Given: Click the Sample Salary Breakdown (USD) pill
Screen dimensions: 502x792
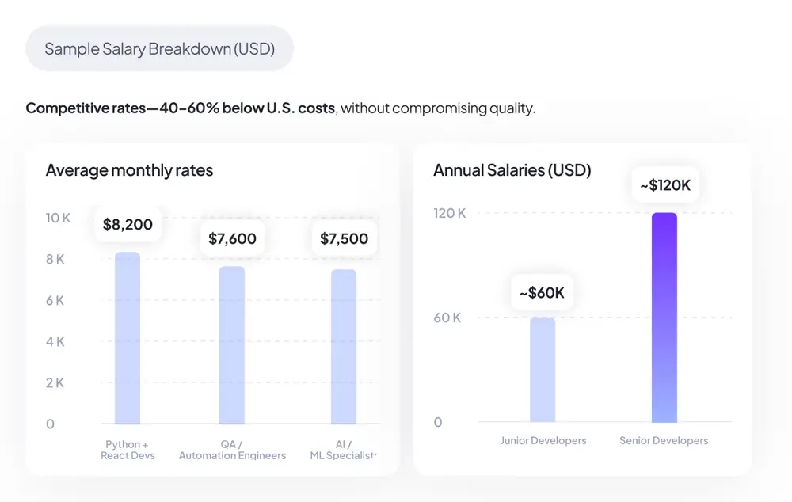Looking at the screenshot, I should coord(159,49).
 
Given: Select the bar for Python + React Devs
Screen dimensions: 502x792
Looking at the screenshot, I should coord(128,338).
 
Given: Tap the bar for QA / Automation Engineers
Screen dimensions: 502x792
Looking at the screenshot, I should coord(232,345).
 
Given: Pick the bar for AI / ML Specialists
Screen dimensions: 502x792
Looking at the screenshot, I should coord(344,347).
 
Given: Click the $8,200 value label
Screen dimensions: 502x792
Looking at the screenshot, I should coord(128,225).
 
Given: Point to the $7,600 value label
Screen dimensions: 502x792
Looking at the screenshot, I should coord(232,238).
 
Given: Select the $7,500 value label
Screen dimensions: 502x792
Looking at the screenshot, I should coord(344,238).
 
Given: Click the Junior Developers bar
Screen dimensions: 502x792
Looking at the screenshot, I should coord(543,370).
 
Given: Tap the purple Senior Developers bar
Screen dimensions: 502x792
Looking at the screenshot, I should coord(664,318).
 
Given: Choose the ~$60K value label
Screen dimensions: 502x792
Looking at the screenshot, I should coord(542,293).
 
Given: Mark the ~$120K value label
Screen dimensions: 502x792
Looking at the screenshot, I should coord(665,185).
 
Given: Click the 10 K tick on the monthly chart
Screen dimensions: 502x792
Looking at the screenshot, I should coord(58,218).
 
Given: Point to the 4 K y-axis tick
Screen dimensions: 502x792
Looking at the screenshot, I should coord(55,341).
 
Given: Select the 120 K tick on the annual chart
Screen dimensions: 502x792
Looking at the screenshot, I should coord(449,213).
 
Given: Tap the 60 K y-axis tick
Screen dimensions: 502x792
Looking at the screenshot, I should coord(447,318).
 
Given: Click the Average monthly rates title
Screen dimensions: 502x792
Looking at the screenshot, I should coord(129,170).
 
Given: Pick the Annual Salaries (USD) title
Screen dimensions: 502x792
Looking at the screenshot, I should coord(512,170).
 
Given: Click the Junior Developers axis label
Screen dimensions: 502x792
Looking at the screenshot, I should coord(543,440).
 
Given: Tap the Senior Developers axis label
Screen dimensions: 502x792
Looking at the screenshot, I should coord(664,440).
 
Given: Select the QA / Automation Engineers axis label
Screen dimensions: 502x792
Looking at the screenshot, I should coord(232,450).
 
